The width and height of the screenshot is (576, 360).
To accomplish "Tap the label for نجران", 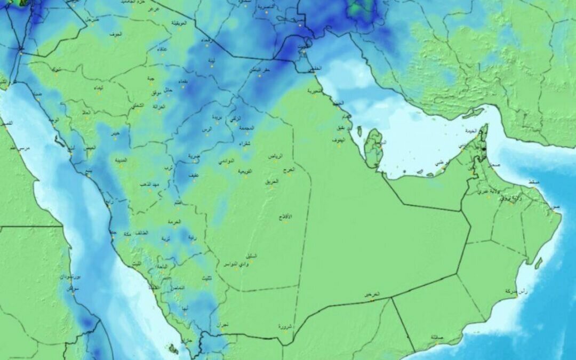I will tap(222, 324).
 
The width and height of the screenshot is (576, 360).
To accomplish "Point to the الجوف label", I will tap(115, 34).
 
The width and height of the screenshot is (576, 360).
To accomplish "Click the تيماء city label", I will tap(98, 87).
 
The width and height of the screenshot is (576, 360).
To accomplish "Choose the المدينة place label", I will tap(119, 160).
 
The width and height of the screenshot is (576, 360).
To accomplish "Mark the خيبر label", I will tap(115, 132).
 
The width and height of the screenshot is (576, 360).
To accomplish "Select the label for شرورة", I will tap(285, 325).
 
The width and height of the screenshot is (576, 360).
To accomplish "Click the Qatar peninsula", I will tap(374, 148).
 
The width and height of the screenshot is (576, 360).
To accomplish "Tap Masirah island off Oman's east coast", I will tap(539, 262).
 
